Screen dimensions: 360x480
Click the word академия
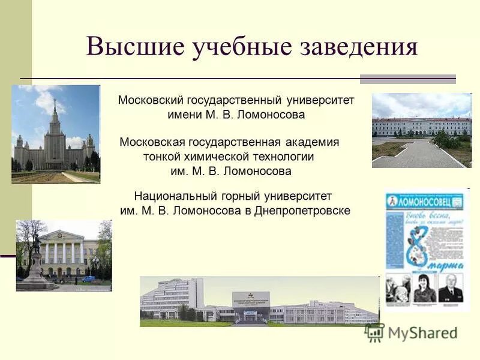click(312, 142)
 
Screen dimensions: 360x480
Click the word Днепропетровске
click(302, 211)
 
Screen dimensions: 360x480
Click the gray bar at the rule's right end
click(407, 79)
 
